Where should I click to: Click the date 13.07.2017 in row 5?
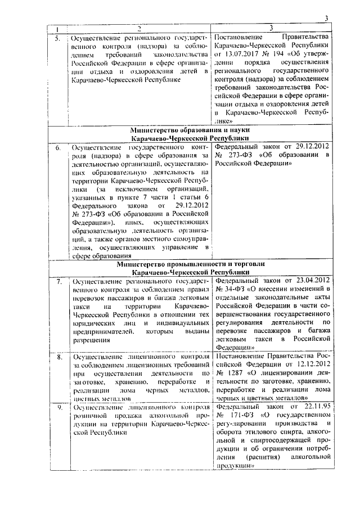pyautogui.click(x=245, y=54)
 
